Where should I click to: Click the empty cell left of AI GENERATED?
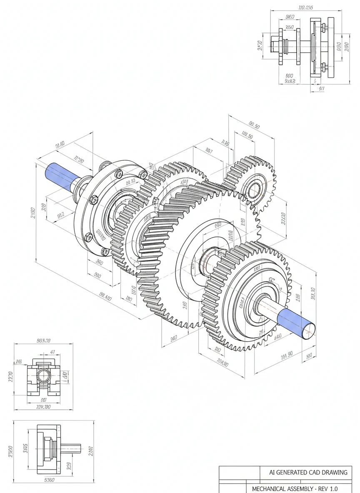click(x=240, y=472)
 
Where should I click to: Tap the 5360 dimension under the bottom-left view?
click(x=49, y=480)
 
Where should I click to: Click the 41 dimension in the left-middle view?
click(x=52, y=352)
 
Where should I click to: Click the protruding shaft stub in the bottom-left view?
click(x=71, y=448)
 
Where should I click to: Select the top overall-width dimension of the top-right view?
click(x=306, y=7)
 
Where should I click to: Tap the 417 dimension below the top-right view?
click(x=321, y=88)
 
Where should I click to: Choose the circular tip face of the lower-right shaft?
click(x=308, y=331)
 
